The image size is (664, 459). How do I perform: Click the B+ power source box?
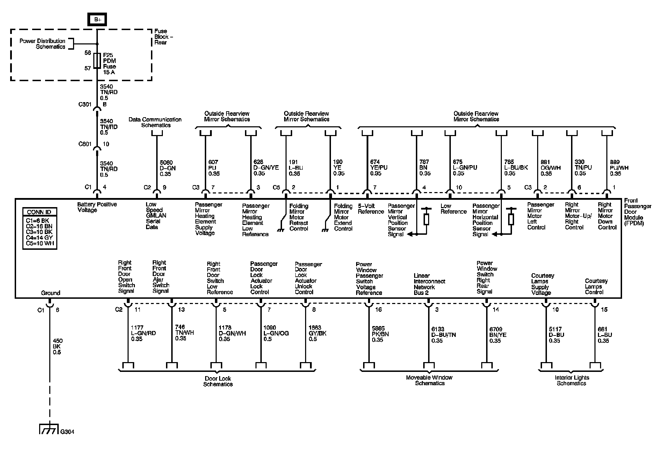coord(97,20)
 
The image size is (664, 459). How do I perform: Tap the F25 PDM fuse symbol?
coord(98,61)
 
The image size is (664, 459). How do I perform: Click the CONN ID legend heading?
coord(39,212)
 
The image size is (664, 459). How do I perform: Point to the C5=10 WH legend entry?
coord(40,243)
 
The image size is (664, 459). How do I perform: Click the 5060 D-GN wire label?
coord(168,168)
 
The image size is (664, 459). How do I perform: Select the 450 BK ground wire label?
coord(57,346)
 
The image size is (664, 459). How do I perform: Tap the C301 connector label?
coord(85,104)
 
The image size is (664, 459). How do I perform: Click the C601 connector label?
coord(85,144)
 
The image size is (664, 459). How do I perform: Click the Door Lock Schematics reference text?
coord(218,381)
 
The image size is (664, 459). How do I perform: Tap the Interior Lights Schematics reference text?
coord(572,380)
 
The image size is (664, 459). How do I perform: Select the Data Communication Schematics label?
coord(155,122)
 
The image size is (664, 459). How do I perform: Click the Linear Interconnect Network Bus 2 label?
coord(429,284)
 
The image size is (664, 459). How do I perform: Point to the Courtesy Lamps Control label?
coord(596,287)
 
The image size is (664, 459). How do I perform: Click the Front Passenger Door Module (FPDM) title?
coord(637,212)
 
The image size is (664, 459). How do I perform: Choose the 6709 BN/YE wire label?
coord(498,335)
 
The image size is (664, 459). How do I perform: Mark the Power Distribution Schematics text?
coord(42,44)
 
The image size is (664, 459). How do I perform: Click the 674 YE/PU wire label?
coord(378,168)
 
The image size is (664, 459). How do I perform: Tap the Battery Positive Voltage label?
coord(97,207)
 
